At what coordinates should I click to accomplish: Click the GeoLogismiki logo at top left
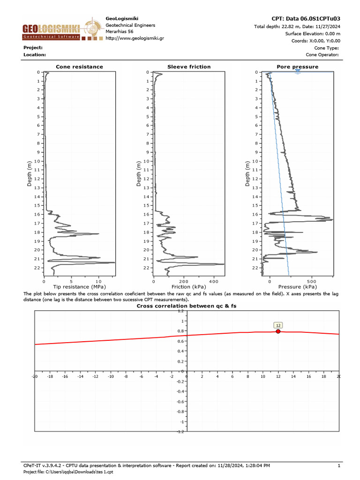pyautogui.click(x=52, y=31)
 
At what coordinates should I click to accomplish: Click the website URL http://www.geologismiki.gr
pyautogui.click(x=135, y=38)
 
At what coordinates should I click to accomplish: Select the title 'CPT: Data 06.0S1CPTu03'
pyautogui.click(x=306, y=19)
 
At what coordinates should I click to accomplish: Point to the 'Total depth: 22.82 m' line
pyautogui.click(x=297, y=27)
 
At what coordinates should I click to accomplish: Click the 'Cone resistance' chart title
pyautogui.click(x=79, y=67)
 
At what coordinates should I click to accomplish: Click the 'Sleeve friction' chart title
pyautogui.click(x=189, y=67)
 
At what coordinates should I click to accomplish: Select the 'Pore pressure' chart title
pyautogui.click(x=297, y=67)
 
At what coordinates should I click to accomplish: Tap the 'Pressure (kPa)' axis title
pyautogui.click(x=298, y=286)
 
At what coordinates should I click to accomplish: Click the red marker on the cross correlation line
pyautogui.click(x=278, y=331)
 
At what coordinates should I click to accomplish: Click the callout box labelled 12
pyautogui.click(x=278, y=325)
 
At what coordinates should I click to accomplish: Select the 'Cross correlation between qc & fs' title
pyautogui.click(x=187, y=306)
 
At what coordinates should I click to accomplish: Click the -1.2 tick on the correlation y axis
pyautogui.click(x=180, y=432)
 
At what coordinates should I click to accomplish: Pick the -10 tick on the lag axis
pyautogui.click(x=111, y=376)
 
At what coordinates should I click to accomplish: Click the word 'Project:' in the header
pyautogui.click(x=33, y=47)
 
